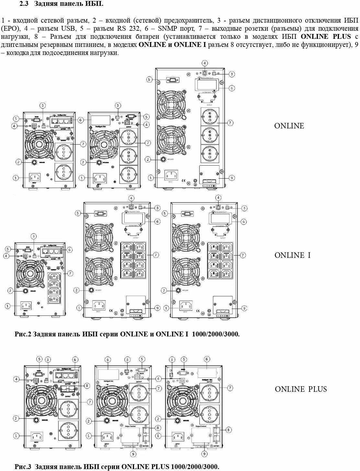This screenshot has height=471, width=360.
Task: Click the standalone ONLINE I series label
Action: (292, 255)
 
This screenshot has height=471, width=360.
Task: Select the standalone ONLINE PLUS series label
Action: (301, 389)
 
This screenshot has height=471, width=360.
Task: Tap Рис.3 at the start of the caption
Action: (23, 467)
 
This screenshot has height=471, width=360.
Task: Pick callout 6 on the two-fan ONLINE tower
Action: (232, 88)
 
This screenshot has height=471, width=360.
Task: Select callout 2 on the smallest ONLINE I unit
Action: (11, 291)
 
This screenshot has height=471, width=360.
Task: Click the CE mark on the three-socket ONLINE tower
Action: (183, 181)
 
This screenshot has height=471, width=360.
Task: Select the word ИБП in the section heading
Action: (96, 4)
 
